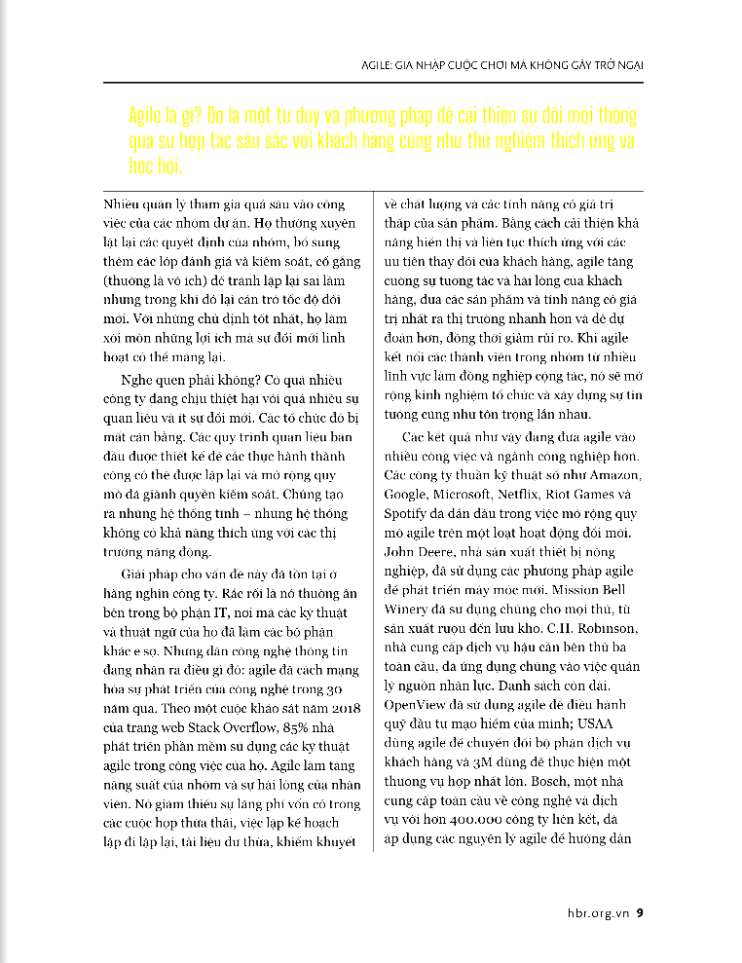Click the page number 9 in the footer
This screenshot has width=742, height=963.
[x=640, y=913]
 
